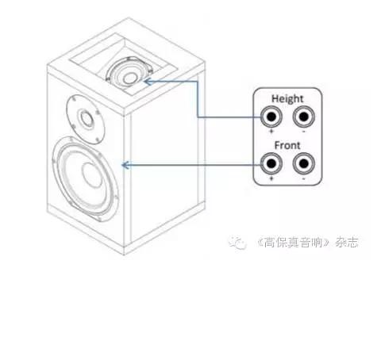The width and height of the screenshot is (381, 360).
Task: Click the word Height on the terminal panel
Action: point(287,99)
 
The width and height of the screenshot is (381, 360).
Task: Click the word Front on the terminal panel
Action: point(287,145)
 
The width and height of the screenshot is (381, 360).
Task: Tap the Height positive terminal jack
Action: point(271,117)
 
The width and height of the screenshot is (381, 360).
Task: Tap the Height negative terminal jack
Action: point(304,117)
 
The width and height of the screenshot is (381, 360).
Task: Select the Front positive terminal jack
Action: point(271,163)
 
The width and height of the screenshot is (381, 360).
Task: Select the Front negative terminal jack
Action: point(304,163)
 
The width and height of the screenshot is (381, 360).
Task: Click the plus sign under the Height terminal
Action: point(271,131)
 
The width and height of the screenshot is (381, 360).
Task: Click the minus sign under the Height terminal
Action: point(304,132)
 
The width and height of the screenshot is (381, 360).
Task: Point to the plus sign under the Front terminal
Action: point(271,178)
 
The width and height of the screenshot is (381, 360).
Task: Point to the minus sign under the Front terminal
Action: point(304,178)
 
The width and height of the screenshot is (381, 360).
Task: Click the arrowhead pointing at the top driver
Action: point(148,82)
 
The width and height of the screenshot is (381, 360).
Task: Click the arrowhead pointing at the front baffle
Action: point(125,165)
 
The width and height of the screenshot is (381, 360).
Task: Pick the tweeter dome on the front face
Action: point(87,119)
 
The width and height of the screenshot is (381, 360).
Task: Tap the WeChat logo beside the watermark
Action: point(237,243)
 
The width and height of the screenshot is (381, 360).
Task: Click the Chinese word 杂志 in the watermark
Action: point(347,242)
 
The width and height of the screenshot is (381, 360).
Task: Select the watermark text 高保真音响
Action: point(293,242)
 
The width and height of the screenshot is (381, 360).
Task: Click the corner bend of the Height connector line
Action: point(198,82)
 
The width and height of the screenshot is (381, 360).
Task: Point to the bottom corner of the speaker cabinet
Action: point(125,255)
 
